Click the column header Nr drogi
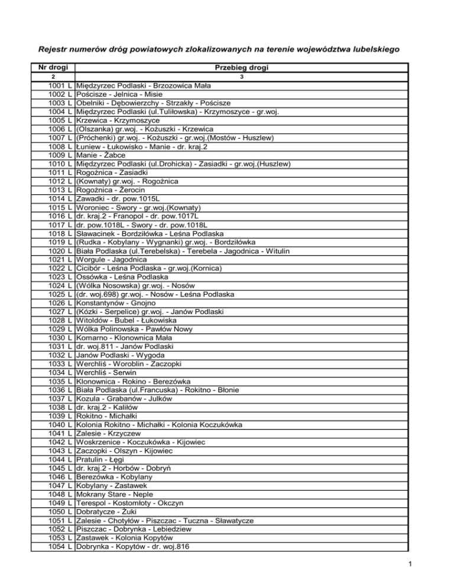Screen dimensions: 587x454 pyautogui.click(x=53, y=68)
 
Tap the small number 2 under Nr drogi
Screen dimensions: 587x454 pyautogui.click(x=53, y=77)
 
